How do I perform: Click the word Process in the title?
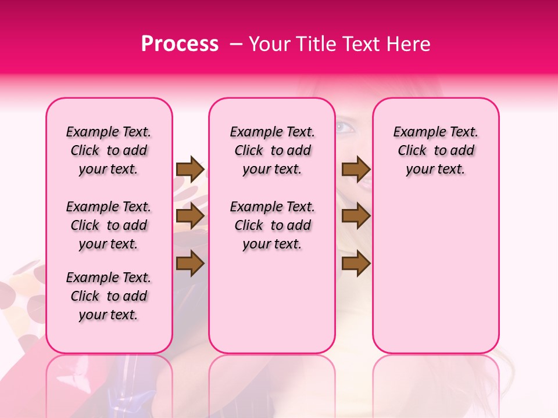coord(180,44)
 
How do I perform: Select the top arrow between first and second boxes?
coord(190,169)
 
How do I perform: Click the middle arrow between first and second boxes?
coord(190,217)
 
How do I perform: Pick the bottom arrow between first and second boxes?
coord(190,264)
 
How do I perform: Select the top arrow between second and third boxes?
coord(356,169)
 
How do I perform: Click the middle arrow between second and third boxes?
coord(356,217)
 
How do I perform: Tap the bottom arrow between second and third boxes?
coord(356,264)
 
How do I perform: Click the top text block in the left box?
coord(109,150)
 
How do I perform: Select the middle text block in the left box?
coord(109,225)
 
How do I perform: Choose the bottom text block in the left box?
coord(109,296)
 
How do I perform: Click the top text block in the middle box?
coord(273,150)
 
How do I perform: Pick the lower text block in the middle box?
coord(273,225)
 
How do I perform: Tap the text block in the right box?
coord(436,150)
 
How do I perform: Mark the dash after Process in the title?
coord(236,44)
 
